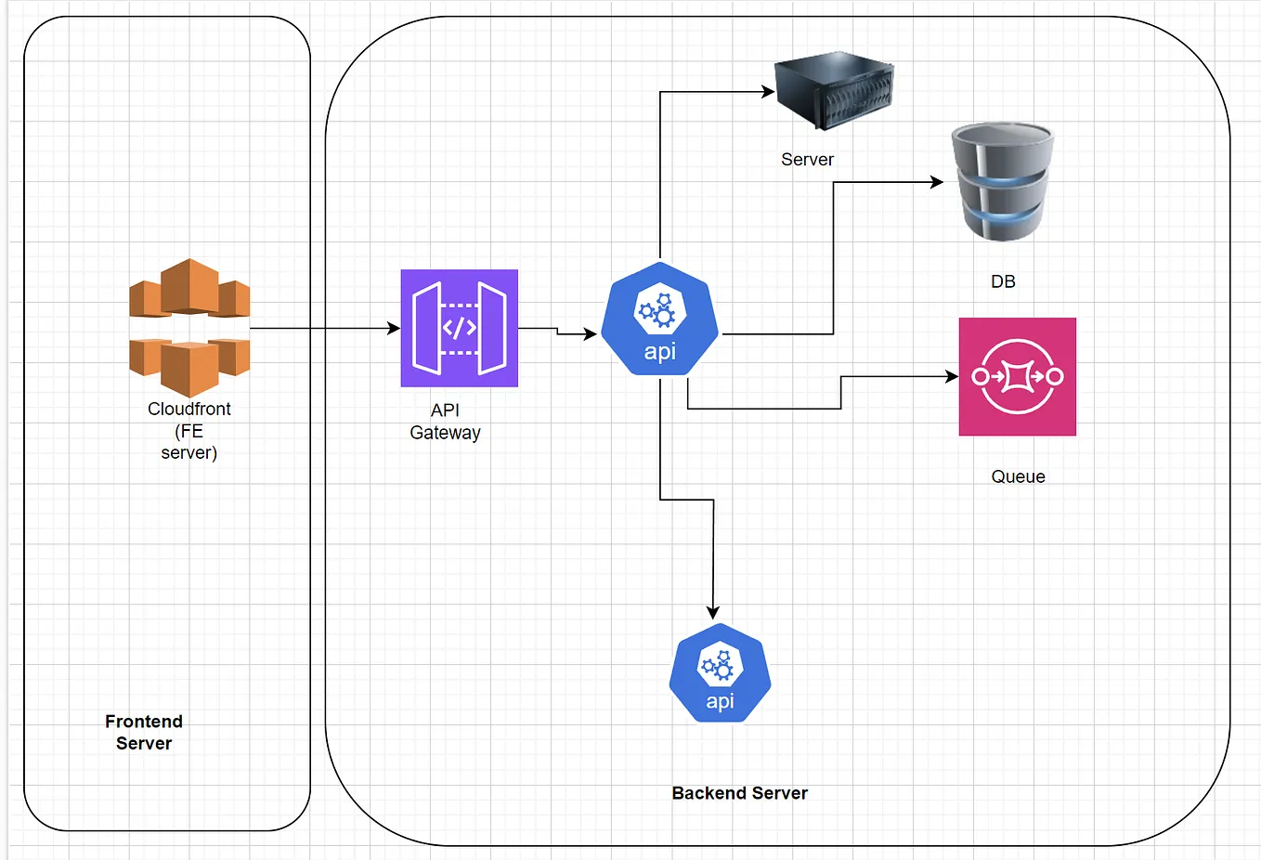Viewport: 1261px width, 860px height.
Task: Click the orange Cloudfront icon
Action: point(189,327)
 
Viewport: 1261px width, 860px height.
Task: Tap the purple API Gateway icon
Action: point(460,328)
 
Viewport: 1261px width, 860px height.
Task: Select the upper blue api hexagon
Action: point(660,319)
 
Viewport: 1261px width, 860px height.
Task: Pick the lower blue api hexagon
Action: point(720,672)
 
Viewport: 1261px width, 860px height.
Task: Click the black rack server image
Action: point(834,90)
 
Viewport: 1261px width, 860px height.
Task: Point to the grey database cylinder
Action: point(1003,182)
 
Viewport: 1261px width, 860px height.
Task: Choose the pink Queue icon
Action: point(1017,376)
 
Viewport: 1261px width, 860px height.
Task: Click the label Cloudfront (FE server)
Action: point(189,431)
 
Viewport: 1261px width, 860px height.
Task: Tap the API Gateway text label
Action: point(446,422)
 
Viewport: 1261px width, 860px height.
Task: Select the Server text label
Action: point(807,160)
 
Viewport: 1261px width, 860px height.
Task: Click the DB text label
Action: point(1003,281)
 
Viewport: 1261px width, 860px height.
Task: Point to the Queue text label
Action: point(1018,476)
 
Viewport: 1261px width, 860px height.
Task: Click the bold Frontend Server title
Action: point(144,732)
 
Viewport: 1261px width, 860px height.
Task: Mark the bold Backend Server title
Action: point(740,793)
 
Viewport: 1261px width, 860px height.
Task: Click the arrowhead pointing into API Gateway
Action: point(394,328)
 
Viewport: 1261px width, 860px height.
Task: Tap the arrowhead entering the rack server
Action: point(768,91)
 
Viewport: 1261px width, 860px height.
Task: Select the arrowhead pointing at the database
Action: point(937,182)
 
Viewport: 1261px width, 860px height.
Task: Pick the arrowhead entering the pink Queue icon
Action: point(952,376)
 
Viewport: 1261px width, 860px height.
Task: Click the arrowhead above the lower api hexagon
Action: point(713,613)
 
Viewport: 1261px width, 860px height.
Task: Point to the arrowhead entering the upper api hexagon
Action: point(591,334)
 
